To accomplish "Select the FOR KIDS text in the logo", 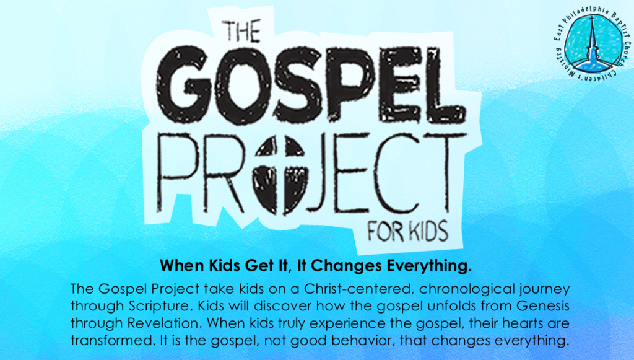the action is (408, 231).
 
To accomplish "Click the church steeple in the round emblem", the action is (592, 44).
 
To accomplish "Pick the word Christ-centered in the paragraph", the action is (358, 289).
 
